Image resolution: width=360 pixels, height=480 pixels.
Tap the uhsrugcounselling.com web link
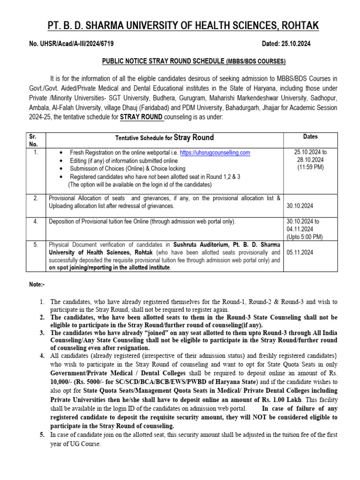coord(215,153)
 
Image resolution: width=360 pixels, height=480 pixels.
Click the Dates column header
coord(310,137)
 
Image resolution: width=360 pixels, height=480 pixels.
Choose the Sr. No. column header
coord(33,141)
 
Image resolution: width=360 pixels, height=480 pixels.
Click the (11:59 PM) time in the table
coord(310,167)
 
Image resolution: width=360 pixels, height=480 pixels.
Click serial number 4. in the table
coord(36,222)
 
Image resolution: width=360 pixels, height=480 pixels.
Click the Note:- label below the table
coord(36,285)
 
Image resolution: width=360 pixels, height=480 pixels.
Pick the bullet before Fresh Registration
coord(62,153)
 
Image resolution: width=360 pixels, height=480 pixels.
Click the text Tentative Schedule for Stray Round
coord(165,138)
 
